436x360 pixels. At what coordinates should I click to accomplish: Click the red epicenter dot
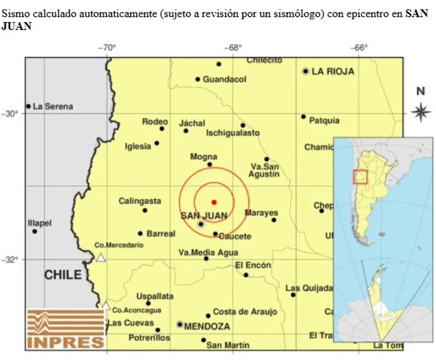(x=214, y=202)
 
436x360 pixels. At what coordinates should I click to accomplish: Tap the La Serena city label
(x=53, y=107)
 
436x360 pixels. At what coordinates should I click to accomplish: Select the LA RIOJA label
(x=333, y=71)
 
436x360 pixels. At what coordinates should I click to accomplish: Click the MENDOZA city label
(x=207, y=326)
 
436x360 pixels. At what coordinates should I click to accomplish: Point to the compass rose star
(x=421, y=112)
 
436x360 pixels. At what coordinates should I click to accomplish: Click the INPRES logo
(x=66, y=329)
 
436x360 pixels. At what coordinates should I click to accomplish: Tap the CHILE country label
(x=63, y=274)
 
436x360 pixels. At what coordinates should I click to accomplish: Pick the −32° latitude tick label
(x=10, y=260)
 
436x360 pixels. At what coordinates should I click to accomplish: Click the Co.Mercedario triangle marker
(x=100, y=257)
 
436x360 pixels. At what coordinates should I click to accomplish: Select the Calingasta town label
(x=140, y=202)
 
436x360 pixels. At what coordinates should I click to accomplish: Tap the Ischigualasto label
(x=232, y=133)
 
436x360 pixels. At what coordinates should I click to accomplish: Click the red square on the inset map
(x=360, y=176)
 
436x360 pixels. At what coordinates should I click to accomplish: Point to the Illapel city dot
(x=35, y=231)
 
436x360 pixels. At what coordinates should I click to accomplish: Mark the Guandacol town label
(x=225, y=80)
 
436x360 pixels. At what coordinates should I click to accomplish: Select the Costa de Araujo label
(x=245, y=312)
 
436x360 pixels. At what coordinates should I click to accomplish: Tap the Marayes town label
(x=262, y=213)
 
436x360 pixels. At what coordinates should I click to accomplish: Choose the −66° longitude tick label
(x=360, y=48)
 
